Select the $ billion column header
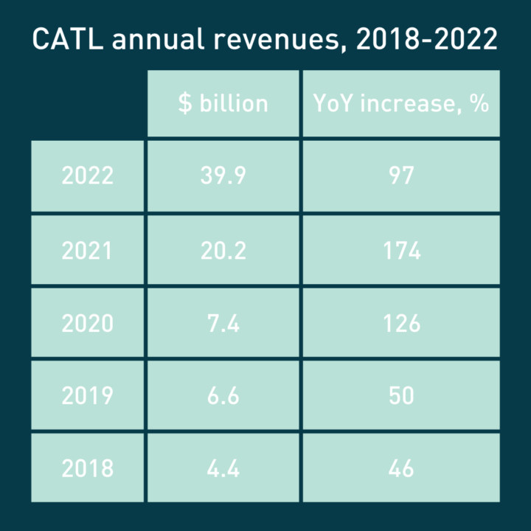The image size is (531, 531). (x=223, y=103)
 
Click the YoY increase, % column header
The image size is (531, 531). (x=401, y=103)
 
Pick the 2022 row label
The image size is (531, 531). (x=88, y=176)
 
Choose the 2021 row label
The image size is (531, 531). (x=88, y=250)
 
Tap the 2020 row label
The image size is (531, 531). (x=88, y=323)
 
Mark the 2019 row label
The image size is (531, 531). (x=88, y=395)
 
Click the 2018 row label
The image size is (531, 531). (x=88, y=468)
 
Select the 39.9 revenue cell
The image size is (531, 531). (x=223, y=176)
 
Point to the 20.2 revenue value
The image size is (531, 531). (x=223, y=250)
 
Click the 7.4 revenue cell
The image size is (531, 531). (x=223, y=323)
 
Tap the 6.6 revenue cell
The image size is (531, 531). (x=223, y=395)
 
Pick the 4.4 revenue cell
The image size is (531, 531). (x=223, y=468)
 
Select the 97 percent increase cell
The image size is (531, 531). (x=401, y=176)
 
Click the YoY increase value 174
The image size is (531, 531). (x=401, y=250)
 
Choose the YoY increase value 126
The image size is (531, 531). (x=401, y=323)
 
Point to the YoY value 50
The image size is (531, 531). (x=401, y=395)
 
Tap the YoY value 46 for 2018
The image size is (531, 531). (x=401, y=468)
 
